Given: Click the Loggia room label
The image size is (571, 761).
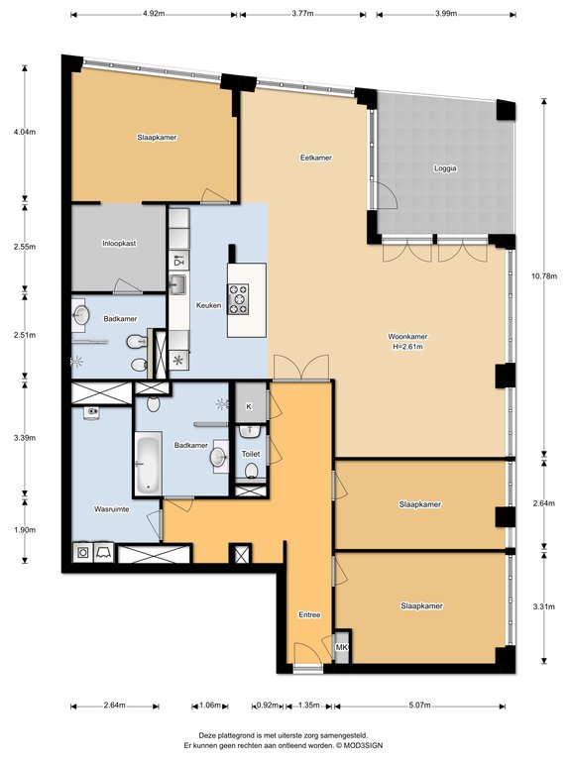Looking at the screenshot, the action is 445,168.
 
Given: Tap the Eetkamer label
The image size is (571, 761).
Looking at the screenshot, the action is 315,158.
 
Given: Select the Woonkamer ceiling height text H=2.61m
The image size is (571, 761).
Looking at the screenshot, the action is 407,347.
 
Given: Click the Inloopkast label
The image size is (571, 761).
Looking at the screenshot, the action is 119,244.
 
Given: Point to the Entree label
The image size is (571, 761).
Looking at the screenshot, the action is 309,615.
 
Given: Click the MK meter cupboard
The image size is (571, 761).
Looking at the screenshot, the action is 342,647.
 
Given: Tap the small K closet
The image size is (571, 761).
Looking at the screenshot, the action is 249,406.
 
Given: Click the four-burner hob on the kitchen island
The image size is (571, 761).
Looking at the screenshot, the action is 238,299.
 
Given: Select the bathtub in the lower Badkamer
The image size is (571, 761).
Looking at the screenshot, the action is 148,465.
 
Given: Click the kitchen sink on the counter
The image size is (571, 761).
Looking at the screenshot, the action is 177,283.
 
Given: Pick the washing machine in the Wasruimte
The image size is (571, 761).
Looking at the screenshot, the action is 83,552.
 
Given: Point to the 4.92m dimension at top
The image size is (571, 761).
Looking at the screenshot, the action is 154,14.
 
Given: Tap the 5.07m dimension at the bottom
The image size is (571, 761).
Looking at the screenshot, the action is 420,706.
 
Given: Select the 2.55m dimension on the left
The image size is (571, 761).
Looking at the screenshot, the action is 25,247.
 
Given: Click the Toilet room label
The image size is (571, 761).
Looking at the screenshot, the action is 251,454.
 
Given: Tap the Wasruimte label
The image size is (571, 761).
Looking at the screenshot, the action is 111,509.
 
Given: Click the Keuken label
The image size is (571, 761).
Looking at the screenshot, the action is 208,306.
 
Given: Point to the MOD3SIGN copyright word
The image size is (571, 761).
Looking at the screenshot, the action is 367,745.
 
